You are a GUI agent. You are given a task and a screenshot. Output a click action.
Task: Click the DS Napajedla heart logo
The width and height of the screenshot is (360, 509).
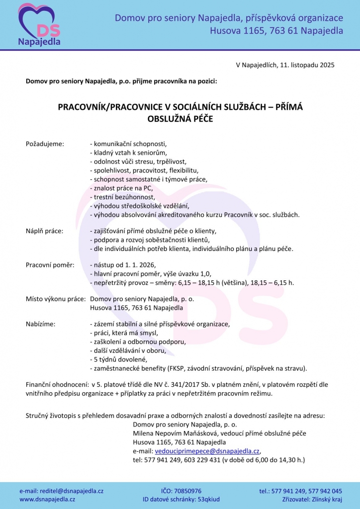[x=39, y=25]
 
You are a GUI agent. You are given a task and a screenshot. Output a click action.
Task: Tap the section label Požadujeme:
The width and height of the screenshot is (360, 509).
[x=45, y=144]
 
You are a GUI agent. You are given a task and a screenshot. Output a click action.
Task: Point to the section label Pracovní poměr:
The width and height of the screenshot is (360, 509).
[x=50, y=265]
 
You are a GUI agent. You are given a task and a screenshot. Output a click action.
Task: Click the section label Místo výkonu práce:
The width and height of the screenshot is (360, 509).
[x=56, y=299]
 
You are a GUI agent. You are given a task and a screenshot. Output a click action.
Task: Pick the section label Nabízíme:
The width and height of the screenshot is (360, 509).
[x=41, y=324]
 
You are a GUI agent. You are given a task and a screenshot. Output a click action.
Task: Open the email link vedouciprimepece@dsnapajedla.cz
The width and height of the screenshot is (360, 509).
[x=207, y=451]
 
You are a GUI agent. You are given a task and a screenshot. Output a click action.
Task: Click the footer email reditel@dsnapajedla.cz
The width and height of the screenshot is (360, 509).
[x=61, y=491]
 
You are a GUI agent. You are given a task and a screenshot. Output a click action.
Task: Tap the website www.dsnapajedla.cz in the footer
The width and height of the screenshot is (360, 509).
[x=47, y=499]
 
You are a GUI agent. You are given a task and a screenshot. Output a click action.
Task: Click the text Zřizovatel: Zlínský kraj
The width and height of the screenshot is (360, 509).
[x=312, y=499]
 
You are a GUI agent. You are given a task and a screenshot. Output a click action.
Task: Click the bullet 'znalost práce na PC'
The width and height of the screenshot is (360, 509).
[x=121, y=188]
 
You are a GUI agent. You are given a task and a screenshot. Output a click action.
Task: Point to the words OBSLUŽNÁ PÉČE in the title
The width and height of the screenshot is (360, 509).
[x=180, y=119]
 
